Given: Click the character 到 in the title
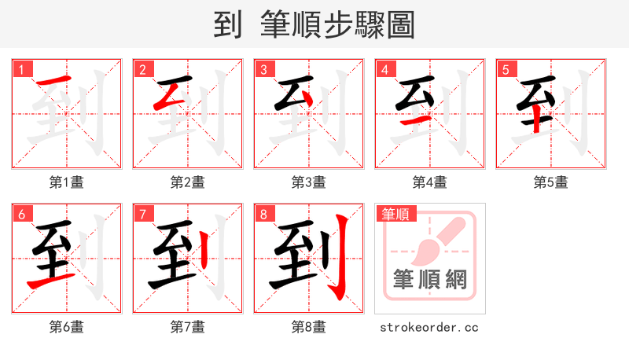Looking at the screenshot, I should coord(227,25).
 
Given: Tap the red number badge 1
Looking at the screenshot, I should coord(21,69).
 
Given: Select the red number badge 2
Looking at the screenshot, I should coord(142,69).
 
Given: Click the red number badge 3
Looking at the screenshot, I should coord(263,69).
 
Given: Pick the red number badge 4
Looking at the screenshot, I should coord(384,69).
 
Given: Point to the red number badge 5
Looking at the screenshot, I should coord(506,69).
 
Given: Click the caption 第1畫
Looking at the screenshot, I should coord(66,182).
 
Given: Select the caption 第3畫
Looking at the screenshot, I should coord(308,182).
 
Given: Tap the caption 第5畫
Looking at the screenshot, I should coord(550,182).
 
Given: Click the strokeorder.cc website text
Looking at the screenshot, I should coord(429,327).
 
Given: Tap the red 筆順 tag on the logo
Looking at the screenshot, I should coord(396,214).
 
